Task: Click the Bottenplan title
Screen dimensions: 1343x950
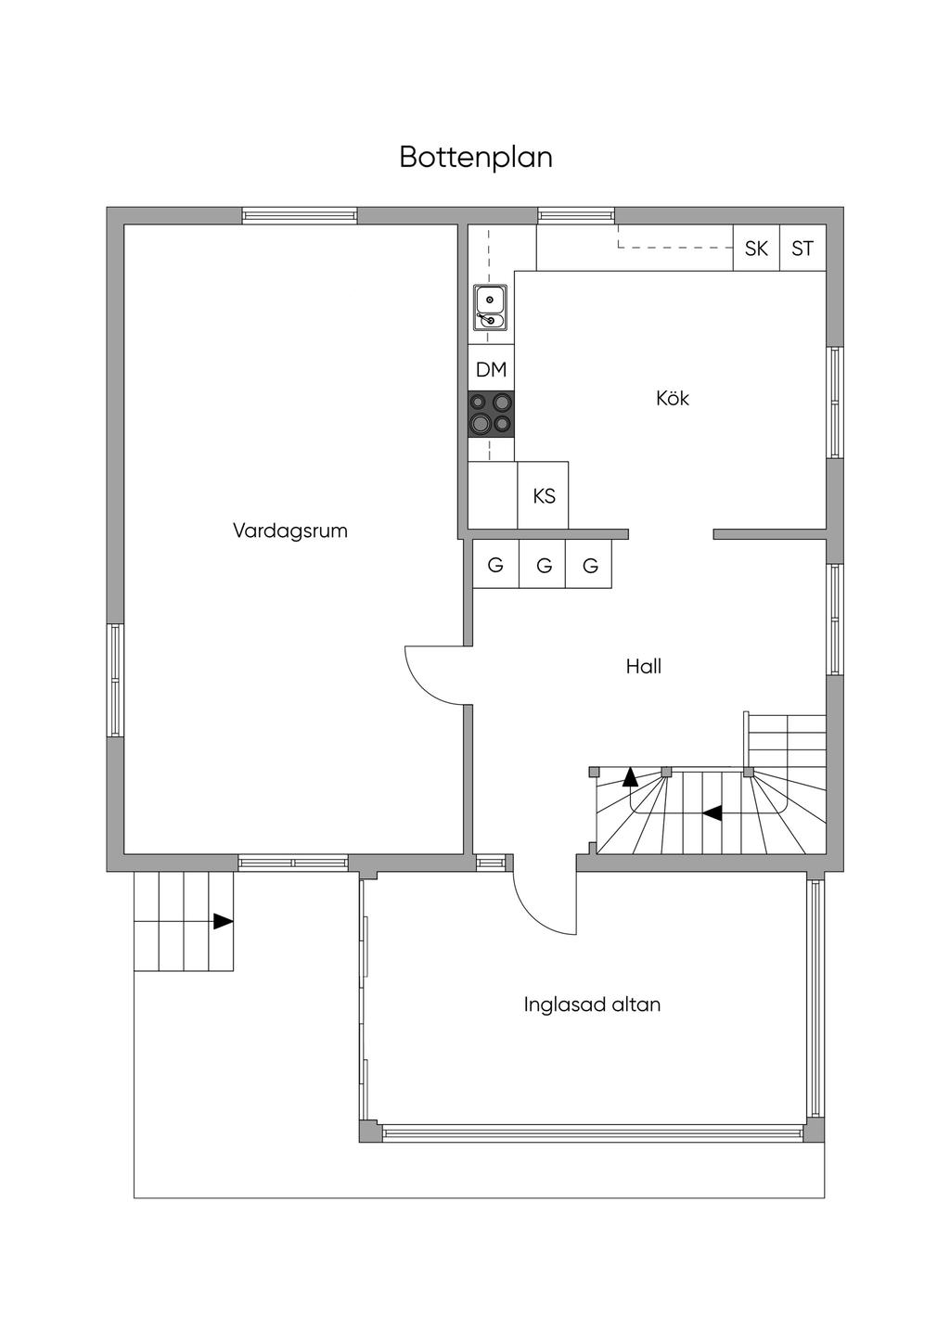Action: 476,157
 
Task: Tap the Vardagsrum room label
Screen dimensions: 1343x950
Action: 289,531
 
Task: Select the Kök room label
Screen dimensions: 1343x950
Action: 673,399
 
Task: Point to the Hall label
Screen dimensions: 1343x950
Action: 643,666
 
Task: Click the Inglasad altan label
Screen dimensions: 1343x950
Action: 592,1004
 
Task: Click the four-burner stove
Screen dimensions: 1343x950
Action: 491,414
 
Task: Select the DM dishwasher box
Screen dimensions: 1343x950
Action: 491,369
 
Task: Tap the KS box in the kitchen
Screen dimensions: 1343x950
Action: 544,496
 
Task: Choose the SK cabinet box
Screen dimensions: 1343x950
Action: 756,249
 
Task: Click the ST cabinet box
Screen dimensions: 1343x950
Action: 802,249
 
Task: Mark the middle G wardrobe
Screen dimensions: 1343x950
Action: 544,565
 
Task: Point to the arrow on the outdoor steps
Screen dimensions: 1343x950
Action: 223,921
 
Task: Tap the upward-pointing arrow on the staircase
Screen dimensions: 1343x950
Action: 631,776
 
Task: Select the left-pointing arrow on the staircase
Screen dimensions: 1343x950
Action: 712,813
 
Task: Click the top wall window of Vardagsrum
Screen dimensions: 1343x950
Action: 300,215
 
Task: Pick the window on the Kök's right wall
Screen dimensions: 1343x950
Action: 835,403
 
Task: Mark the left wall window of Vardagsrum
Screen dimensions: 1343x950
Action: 115,681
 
